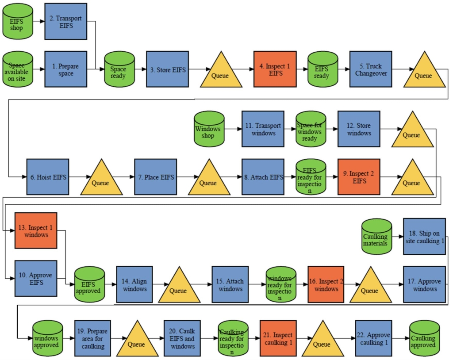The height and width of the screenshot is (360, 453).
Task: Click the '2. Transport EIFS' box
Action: [x=65, y=22]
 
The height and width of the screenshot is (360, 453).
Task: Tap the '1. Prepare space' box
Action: [x=65, y=69]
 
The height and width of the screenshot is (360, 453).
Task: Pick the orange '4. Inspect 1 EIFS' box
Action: [x=275, y=69]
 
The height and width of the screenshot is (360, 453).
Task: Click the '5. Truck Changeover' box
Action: [x=371, y=69]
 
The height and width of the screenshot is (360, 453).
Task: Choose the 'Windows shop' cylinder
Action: [x=209, y=129]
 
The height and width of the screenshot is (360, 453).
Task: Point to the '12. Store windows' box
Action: [x=359, y=129]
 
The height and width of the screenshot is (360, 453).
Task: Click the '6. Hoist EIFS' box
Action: [x=48, y=177]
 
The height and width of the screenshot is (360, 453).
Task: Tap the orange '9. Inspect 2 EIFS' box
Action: [x=359, y=177]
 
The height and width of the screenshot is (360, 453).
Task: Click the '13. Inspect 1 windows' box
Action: [x=36, y=230]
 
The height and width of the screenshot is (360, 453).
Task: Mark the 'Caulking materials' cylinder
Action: [x=376, y=237]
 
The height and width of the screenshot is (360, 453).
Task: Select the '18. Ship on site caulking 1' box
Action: [x=424, y=237]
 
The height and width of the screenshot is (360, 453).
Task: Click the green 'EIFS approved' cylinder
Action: [x=89, y=284]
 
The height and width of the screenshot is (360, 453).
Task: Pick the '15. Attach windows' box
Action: [x=233, y=284]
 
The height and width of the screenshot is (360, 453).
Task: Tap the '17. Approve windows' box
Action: [x=424, y=284]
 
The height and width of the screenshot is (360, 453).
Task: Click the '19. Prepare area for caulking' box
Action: [x=96, y=338]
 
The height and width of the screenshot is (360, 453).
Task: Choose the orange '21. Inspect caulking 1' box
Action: [x=281, y=338]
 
